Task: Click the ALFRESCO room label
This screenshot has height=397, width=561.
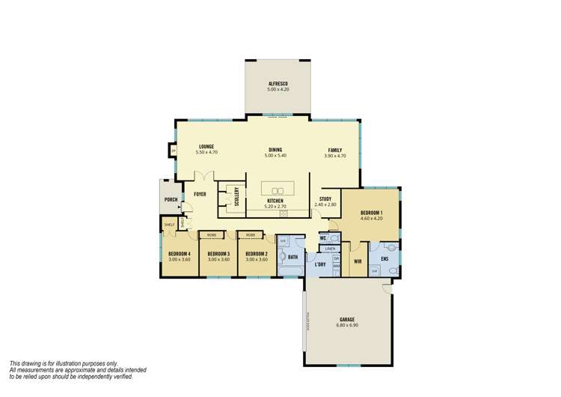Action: point(277,83)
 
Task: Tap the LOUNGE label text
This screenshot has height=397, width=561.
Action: point(206,146)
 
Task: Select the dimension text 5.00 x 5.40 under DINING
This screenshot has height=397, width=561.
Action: point(276,156)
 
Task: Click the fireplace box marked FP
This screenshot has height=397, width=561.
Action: point(174,151)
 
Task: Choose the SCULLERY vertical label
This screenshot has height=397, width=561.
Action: point(236,196)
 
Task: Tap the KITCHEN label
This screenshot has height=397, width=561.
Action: point(276,200)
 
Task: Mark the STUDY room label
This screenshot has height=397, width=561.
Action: point(326,199)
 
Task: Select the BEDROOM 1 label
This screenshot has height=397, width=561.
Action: point(371,212)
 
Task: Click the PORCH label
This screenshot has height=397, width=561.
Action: point(171,199)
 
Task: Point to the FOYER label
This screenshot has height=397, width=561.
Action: point(200,195)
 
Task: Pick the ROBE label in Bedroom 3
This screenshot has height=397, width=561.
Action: point(212,235)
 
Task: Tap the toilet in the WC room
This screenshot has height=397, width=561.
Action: point(334,239)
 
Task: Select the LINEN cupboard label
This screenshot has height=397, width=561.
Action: point(330,248)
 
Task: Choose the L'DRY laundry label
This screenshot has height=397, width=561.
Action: point(320,264)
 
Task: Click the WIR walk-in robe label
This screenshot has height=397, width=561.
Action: point(358,261)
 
